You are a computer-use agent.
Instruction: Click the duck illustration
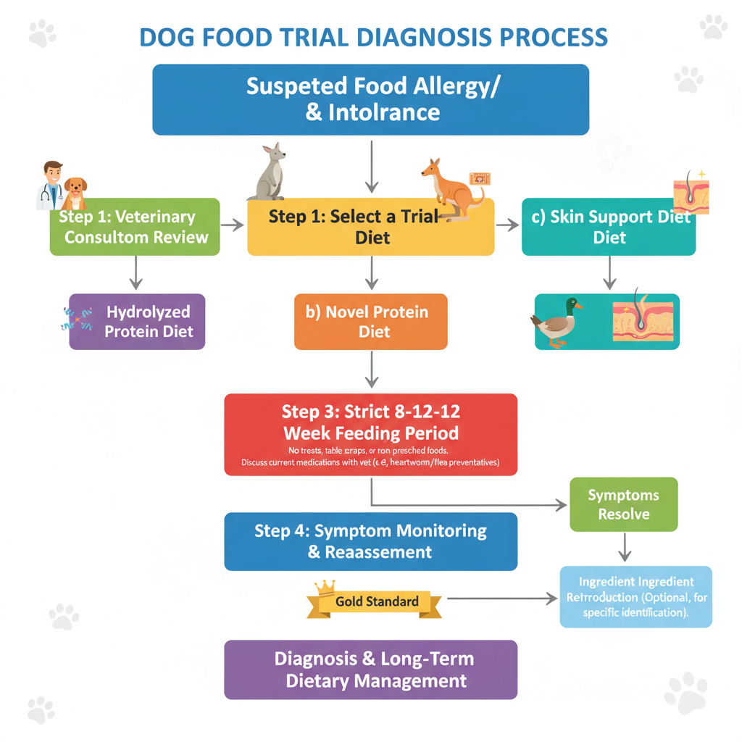pyautogui.click(x=556, y=322)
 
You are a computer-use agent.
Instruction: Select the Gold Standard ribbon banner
pyautogui.click(x=376, y=601)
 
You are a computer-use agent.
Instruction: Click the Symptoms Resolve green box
pyautogui.click(x=623, y=504)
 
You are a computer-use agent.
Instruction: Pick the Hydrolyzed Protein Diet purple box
pyautogui.click(x=138, y=322)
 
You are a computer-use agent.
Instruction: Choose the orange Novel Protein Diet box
pyautogui.click(x=370, y=322)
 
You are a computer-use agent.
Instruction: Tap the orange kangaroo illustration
pyautogui.click(x=452, y=190)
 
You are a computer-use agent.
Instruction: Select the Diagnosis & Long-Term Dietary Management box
pyautogui.click(x=370, y=670)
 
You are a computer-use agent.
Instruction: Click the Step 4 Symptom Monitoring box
pyautogui.click(x=370, y=541)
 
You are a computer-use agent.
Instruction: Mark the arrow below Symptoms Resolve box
pyautogui.click(x=624, y=547)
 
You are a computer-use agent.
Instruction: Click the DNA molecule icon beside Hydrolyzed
pyautogui.click(x=78, y=319)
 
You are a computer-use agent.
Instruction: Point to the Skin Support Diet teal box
pyautogui.click(x=609, y=228)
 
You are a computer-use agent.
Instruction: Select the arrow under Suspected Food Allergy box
pyautogui.click(x=371, y=167)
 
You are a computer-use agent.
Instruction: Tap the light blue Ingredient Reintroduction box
pyautogui.click(x=636, y=597)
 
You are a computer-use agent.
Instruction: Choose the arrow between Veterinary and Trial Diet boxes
pyautogui.click(x=233, y=226)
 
